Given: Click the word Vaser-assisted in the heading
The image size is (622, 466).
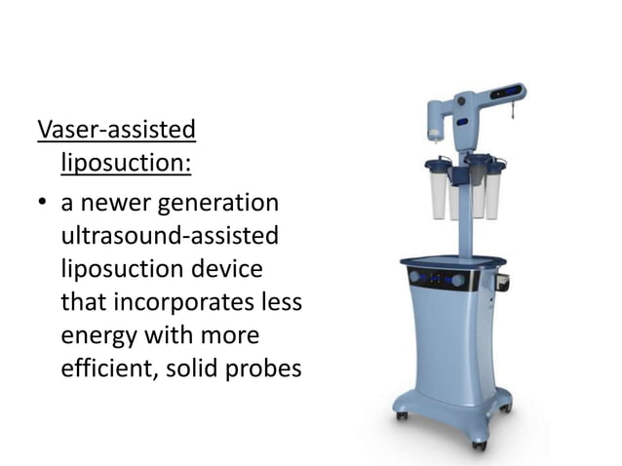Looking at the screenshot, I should pyautogui.click(x=116, y=129).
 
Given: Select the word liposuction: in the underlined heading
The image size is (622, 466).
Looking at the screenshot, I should pyautogui.click(x=126, y=159).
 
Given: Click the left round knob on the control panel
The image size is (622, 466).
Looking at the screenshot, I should pyautogui.click(x=416, y=278).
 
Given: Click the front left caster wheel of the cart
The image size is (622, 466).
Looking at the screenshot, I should pyautogui.click(x=401, y=415).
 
